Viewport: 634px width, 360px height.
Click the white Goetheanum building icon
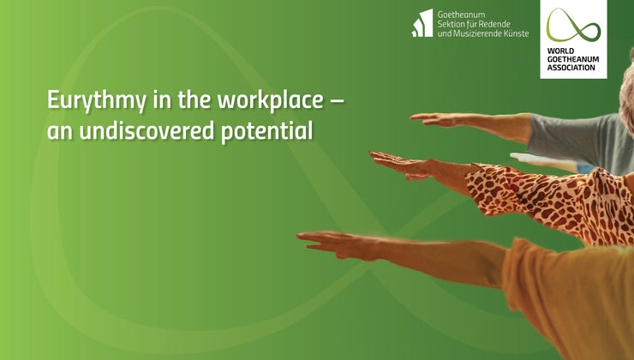[x=422, y=23]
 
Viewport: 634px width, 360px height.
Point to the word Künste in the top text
[x=517, y=33]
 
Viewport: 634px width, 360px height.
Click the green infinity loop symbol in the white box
[x=573, y=26]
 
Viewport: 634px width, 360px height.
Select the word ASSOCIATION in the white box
[x=573, y=68]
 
